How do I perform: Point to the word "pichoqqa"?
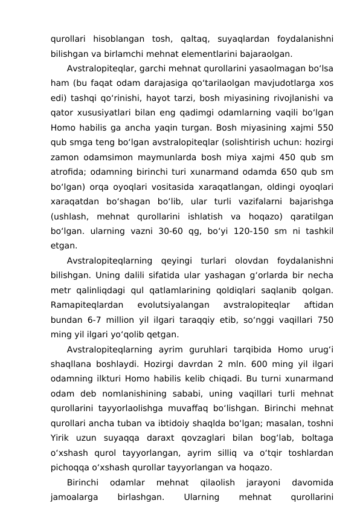pos(69,467)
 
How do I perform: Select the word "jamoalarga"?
pos(75,497)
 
